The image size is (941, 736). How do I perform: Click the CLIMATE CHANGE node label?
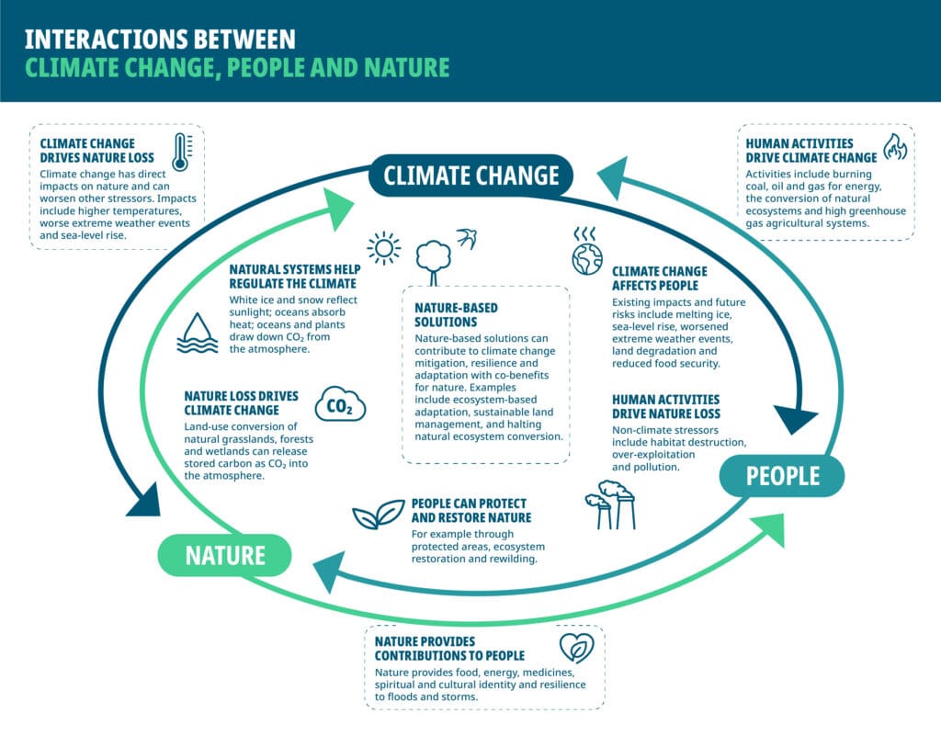470,175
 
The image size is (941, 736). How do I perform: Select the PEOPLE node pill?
782,475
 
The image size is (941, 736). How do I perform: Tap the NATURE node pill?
225,555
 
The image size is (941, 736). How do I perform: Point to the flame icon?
893,147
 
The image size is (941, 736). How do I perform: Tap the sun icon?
383,247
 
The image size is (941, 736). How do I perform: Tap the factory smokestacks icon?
611,504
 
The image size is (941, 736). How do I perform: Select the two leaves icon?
379,515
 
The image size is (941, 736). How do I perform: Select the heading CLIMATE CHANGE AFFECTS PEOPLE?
660,278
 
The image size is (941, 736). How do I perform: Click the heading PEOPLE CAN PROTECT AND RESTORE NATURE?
469,511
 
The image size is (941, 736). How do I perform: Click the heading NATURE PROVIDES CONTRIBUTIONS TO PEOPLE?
449,648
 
